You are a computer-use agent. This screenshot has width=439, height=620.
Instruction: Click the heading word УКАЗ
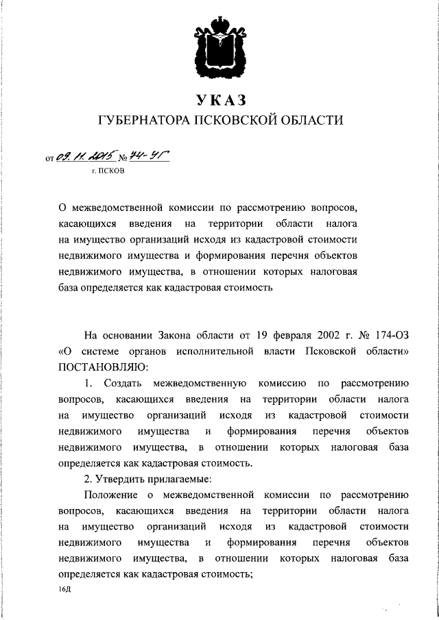coord(220,101)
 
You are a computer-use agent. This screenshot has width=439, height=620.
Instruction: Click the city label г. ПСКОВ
coord(108,171)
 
